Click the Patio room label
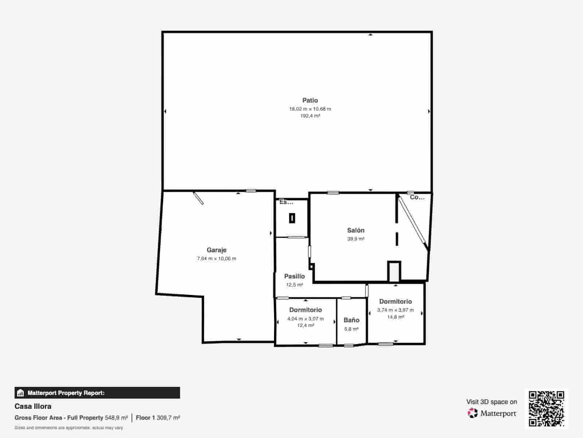coord(310,100)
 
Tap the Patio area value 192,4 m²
coord(310,116)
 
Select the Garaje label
coord(216,250)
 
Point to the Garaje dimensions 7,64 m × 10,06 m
coord(216,258)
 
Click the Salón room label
coord(356,230)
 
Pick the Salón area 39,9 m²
coord(356,239)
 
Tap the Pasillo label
coord(294,276)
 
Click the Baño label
coord(351,320)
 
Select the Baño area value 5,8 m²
coord(351,329)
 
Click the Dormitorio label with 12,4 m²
coord(305,310)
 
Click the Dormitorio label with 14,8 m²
coord(395,301)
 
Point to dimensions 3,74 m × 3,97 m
coord(395,310)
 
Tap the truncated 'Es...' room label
coord(286,202)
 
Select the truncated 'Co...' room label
coord(417,197)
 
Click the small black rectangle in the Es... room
coord(292,218)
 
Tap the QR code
coord(546,408)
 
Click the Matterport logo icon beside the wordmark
coord(473,413)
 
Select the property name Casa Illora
coord(33,406)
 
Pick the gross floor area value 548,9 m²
coord(116,418)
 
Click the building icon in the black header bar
coord(21,393)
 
